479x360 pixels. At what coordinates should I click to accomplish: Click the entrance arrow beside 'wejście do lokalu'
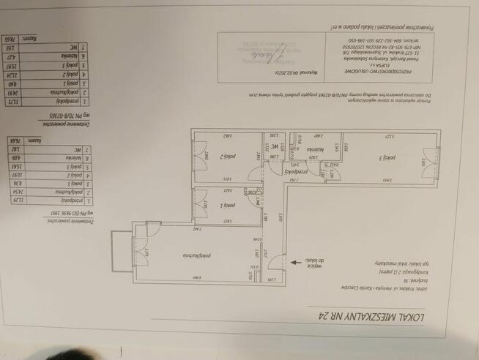click(x=294, y=260)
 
